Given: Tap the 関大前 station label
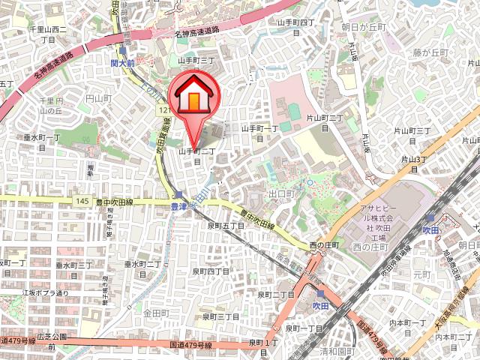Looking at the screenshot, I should (x=122, y=64).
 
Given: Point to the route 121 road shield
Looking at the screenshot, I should (x=163, y=109).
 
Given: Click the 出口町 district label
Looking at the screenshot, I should (x=281, y=193).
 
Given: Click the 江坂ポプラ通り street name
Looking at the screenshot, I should (x=45, y=292).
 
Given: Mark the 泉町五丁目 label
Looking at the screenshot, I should (x=226, y=225).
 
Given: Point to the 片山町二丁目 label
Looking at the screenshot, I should (x=325, y=122).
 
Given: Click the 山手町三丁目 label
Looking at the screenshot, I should (x=197, y=59).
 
